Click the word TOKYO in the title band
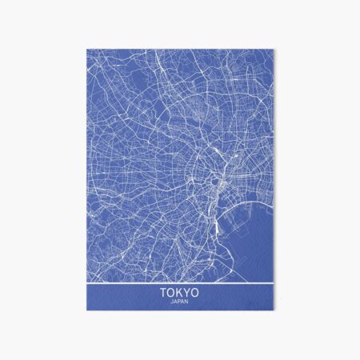pos(179,294)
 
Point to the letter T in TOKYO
pos(163,294)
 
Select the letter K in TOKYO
pos(179,294)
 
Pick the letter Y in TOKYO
pos(187,294)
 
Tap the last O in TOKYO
pos(195,294)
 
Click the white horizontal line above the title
pos(179,282)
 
